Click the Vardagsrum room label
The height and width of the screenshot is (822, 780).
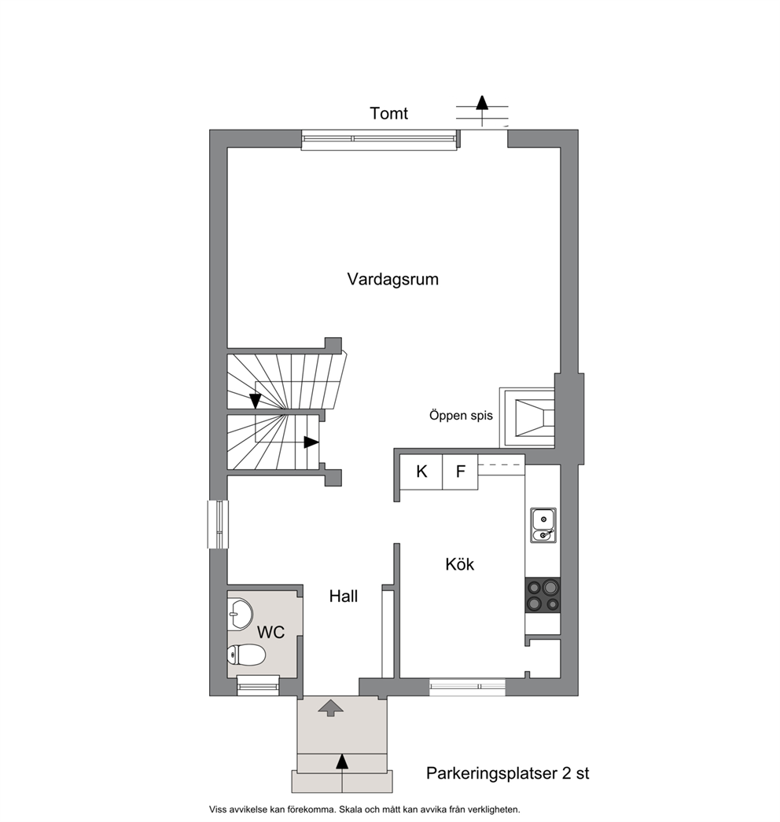coord(392,279)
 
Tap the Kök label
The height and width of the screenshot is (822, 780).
coord(459,564)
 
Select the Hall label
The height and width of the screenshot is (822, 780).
coord(344,596)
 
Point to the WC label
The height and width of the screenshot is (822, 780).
coord(270,633)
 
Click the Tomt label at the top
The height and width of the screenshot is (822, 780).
coord(388,113)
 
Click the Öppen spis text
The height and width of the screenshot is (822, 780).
coord(461,416)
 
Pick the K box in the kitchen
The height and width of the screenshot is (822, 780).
coord(421,472)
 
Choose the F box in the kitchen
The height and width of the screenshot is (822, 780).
coord(460,472)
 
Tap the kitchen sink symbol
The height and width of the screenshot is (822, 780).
coord(543,525)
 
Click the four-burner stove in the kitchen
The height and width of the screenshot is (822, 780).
coord(543,595)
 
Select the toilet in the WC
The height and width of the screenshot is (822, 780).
coord(246,655)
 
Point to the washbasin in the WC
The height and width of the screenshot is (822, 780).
coord(241,613)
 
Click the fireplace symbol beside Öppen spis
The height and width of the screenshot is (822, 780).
coord(527,417)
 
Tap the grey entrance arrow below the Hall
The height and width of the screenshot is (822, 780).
coord(331,708)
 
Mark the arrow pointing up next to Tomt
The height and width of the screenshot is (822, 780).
coord(482,111)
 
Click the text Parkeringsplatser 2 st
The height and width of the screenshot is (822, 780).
coord(508,773)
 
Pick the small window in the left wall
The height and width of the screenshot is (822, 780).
coord(219,524)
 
